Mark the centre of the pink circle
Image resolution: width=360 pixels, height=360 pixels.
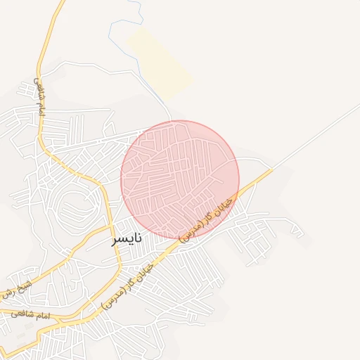pos(180,179)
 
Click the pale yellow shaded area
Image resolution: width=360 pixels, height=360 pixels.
pos(160,63)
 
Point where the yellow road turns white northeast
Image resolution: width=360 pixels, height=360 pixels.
pos(273,169)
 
